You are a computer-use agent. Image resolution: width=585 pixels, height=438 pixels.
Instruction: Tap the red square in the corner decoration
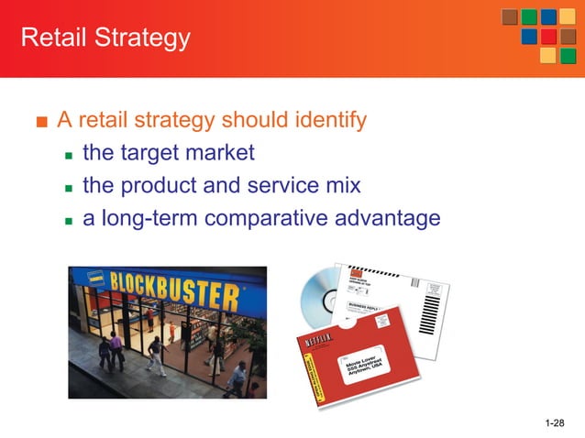[548, 37]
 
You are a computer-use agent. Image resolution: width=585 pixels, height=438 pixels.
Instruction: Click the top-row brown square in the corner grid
[510, 16]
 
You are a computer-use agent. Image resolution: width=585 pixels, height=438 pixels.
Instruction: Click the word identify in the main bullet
[324, 120]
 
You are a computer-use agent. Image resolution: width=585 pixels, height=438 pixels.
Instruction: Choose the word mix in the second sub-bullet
[343, 185]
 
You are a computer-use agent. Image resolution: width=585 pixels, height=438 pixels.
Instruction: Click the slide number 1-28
[556, 422]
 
